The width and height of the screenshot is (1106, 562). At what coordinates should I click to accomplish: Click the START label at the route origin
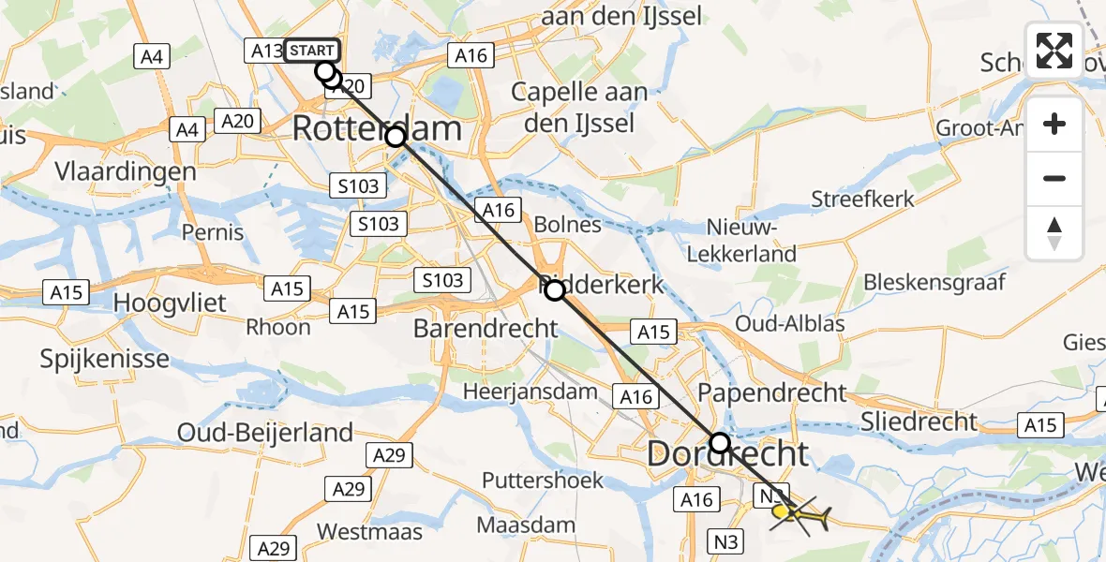pos(313,51)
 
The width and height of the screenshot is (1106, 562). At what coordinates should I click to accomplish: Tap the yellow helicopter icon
pos(799,513)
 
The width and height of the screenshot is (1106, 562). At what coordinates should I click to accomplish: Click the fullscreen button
pos(1054,51)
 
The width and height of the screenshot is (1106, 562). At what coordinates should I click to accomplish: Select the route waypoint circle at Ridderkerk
pos(555,290)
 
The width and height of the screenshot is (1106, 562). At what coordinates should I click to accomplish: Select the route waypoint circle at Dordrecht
pos(719,442)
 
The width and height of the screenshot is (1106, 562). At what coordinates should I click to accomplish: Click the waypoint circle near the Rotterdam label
pos(396,137)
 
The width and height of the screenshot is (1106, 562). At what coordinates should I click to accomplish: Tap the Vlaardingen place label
pos(126,172)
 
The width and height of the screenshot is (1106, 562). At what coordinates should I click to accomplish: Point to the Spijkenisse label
pos(105,359)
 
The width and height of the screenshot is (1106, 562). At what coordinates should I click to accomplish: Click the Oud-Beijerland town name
pos(265,433)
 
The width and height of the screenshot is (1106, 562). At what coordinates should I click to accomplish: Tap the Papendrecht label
pos(771,392)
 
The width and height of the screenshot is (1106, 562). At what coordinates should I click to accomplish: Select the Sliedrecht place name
pos(919,421)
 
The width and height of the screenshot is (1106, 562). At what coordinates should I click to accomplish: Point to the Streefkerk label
pos(862,200)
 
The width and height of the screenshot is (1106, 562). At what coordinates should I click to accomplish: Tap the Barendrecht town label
pos(486,329)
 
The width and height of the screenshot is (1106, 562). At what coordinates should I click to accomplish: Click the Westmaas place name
pos(366,531)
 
